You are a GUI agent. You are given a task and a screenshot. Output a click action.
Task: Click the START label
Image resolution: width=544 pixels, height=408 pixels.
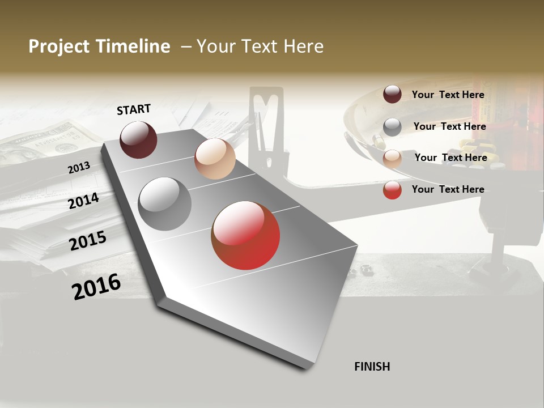point(134,109)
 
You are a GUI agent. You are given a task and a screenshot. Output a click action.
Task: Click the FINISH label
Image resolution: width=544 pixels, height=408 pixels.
point(372,367)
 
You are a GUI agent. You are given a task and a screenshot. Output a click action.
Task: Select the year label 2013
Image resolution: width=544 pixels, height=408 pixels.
point(79,168)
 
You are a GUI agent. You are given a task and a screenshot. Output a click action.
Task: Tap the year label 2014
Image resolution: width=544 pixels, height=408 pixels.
point(84,201)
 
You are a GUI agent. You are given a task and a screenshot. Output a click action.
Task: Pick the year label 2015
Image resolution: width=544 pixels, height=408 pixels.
point(88,241)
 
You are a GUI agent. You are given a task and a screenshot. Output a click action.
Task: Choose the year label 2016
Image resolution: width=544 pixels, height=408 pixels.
point(96,287)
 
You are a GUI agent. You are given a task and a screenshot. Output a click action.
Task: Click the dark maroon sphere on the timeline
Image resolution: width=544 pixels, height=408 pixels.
point(138,139)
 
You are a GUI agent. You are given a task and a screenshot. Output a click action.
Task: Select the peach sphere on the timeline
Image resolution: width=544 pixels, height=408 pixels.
point(215,159)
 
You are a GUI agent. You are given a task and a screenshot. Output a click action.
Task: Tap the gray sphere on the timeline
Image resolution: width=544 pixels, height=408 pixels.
point(165,204)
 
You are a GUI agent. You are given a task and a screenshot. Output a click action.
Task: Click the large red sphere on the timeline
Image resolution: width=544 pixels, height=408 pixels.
point(245,235)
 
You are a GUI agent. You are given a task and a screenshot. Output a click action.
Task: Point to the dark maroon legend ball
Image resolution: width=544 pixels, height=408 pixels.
point(392,94)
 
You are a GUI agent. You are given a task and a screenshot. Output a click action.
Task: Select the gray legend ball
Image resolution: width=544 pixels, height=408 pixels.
point(392,127)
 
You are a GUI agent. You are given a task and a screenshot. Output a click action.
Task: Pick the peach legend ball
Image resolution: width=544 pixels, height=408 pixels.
point(392,159)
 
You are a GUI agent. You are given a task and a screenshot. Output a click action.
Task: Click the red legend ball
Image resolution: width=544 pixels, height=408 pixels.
point(392,190)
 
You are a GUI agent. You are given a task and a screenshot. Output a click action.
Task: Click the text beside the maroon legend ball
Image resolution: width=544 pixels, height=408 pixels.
point(448,95)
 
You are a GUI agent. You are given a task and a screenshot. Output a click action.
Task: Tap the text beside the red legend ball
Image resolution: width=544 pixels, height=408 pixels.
point(448,189)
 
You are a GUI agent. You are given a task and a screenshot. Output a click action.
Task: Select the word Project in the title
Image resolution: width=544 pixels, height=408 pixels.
point(58,46)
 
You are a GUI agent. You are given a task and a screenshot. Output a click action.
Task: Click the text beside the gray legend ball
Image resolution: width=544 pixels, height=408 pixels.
point(449,126)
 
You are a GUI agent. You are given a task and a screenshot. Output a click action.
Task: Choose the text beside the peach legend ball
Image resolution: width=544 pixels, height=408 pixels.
point(450,158)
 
